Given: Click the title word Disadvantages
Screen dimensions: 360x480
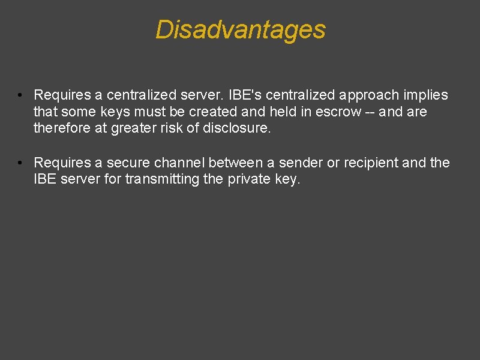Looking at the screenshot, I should point(240,29).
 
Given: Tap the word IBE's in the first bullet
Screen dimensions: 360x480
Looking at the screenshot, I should point(246,95).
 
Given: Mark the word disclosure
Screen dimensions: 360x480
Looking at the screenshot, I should point(236,127).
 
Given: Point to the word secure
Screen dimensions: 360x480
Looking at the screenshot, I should point(127,163).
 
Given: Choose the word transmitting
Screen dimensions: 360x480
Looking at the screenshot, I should point(161,179).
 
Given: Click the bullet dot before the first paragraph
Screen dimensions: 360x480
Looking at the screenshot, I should point(20,95).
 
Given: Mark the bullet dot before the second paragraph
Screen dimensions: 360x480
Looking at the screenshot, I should point(20,163).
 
